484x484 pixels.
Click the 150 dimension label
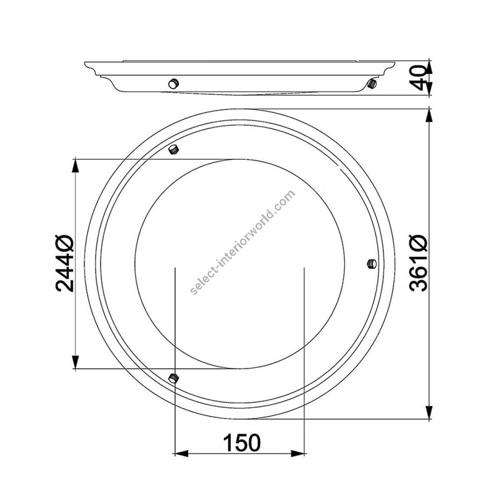click(x=241, y=443)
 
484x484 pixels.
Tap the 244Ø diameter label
click(x=65, y=264)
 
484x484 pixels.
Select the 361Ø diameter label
click(x=418, y=264)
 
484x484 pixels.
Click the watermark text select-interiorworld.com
click(x=243, y=243)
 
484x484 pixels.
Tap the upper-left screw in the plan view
click(x=174, y=150)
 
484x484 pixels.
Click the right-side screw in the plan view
click(x=372, y=264)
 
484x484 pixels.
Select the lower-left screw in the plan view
click(x=174, y=378)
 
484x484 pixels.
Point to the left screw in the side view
click(x=174, y=83)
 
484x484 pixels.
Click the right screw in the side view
click(x=372, y=84)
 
